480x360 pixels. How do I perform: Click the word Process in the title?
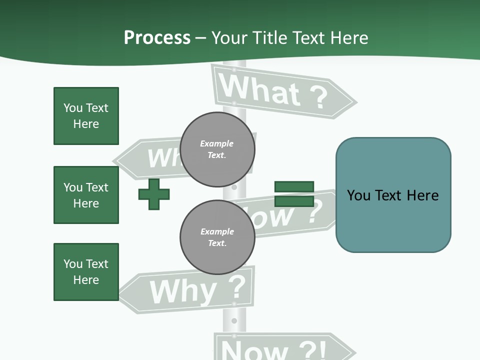(x=157, y=38)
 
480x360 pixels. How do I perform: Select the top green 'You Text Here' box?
(x=86, y=116)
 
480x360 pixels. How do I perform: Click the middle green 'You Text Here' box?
(x=86, y=195)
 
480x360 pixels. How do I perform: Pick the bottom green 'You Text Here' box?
(x=86, y=272)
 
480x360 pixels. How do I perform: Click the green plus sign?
(x=154, y=194)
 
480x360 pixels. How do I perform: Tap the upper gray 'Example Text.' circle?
(x=217, y=149)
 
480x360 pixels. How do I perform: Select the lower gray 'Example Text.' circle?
(x=217, y=237)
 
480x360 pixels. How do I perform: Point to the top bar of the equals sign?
(x=294, y=186)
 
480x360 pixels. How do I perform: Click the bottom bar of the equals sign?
(x=294, y=201)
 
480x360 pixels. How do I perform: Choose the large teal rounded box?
(x=393, y=195)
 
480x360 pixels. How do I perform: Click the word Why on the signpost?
(x=182, y=291)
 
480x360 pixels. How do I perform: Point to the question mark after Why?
(x=236, y=287)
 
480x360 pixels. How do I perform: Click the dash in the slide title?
(x=201, y=38)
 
